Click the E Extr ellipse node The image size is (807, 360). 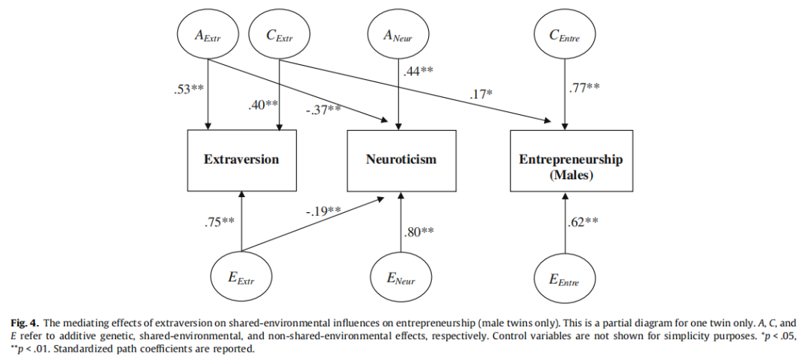(x=241, y=279)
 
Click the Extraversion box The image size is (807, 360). (x=241, y=159)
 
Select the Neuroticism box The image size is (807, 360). (x=401, y=159)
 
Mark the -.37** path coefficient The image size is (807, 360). (x=324, y=110)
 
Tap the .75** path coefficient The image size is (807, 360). (x=220, y=221)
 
